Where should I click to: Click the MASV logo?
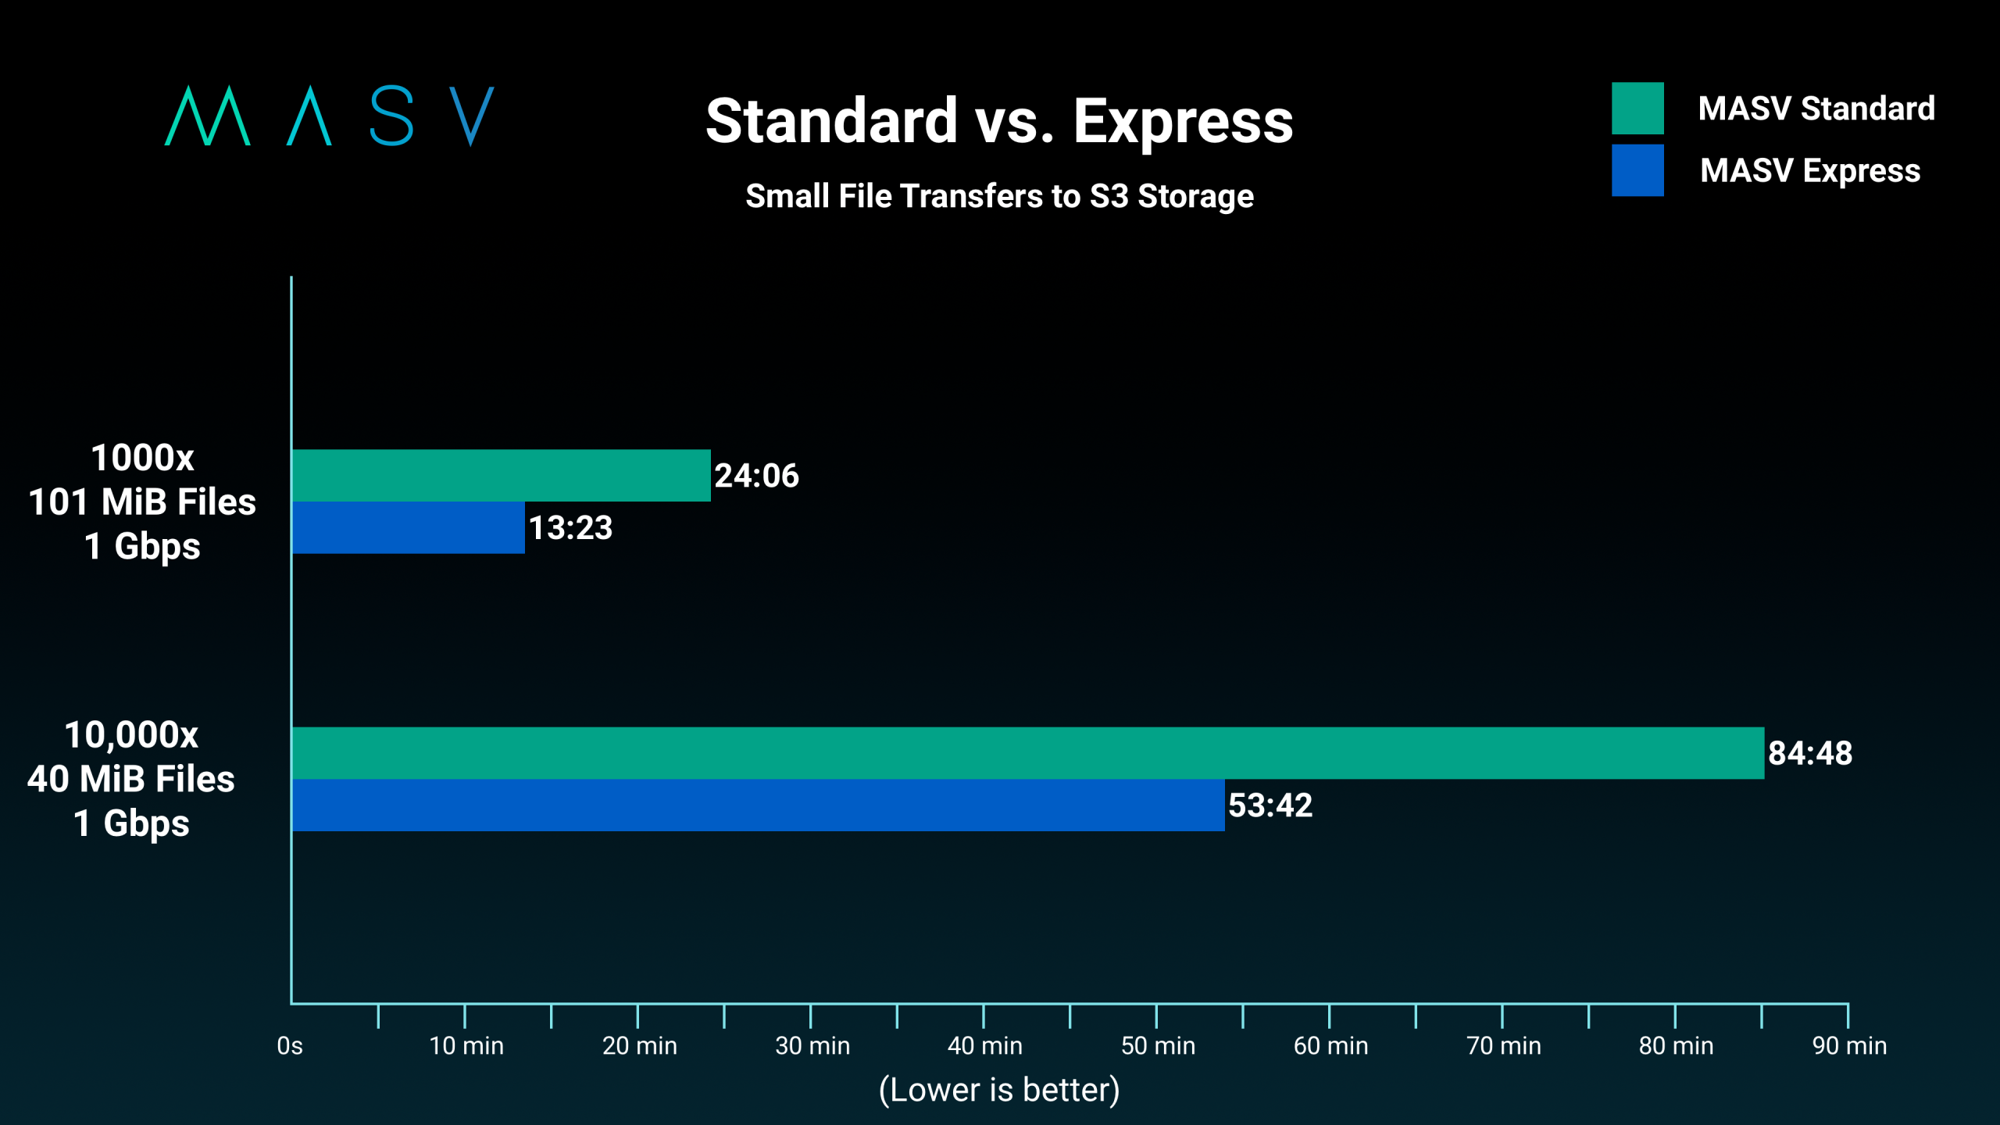[329, 116]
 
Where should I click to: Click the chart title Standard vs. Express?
[999, 121]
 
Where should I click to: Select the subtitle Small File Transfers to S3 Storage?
[999, 196]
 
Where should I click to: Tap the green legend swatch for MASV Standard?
[1637, 109]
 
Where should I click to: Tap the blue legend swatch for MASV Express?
[1637, 170]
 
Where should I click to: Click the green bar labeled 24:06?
[501, 475]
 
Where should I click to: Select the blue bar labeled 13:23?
[408, 527]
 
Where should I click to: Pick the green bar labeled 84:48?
[1027, 753]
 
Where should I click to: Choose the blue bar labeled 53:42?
[758, 805]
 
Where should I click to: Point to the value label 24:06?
[756, 476]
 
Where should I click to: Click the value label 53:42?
[1270, 805]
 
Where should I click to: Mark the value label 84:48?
[1810, 753]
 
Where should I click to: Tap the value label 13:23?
[570, 528]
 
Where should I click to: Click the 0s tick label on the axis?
[290, 1045]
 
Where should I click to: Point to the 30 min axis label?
[812, 1045]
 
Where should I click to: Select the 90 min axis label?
[1849, 1045]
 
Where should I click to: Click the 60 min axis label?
[1330, 1045]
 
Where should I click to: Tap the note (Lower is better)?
[999, 1090]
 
